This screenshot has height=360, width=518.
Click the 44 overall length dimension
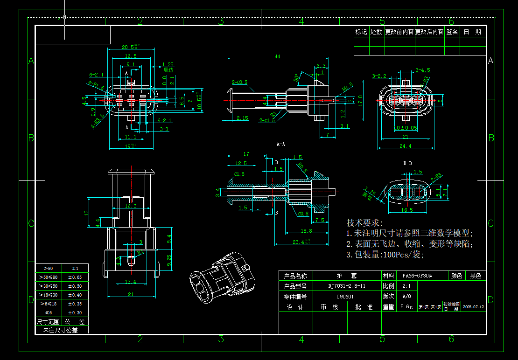click(277, 56)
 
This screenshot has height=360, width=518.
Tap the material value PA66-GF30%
click(417, 276)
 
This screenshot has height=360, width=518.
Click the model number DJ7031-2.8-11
click(347, 286)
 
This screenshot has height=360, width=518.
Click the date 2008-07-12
click(473, 307)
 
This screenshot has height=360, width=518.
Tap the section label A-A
click(281, 145)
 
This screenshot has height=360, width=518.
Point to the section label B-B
click(407, 163)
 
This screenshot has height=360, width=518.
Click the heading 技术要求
click(364, 223)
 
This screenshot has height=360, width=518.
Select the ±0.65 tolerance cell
click(75, 277)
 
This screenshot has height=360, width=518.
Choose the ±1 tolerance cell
click(75, 268)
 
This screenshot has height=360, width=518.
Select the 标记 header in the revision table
click(361, 32)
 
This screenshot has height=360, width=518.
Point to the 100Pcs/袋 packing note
click(385, 255)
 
